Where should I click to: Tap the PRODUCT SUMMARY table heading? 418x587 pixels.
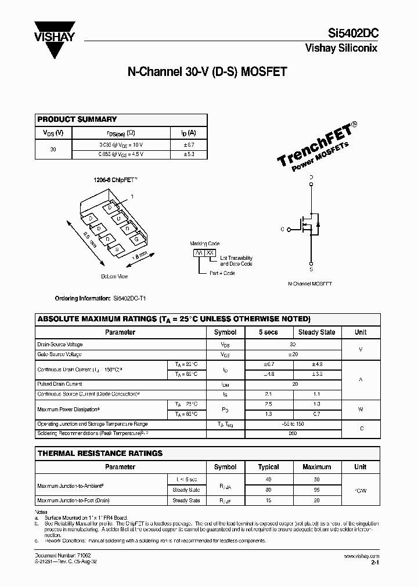pos(77,119)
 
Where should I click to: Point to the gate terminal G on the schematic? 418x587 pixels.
pos(282,229)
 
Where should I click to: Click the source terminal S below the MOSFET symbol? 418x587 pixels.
pos(311,269)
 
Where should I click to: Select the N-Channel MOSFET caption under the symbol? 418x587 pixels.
pos(310,285)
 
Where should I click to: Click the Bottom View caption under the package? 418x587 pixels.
pos(114,276)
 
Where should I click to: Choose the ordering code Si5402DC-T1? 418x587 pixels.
pos(129,298)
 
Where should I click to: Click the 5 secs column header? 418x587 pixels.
pos(268,332)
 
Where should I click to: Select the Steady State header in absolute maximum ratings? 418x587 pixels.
pos(316,332)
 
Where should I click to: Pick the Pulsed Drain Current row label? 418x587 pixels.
pos(60,384)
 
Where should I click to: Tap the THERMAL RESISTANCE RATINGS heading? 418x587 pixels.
pos(100,453)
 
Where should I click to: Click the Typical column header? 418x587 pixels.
pos(268,467)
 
